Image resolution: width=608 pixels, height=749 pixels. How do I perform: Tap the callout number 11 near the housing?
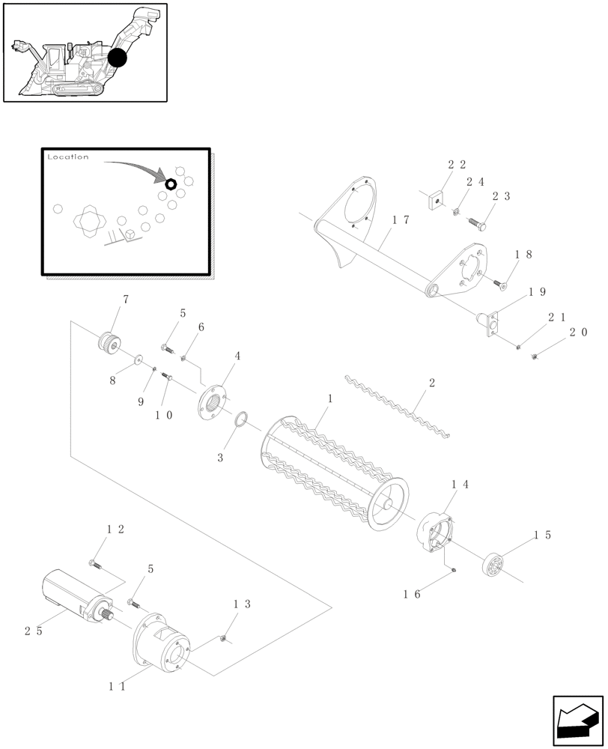point(118,685)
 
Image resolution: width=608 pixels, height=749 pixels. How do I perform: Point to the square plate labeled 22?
point(435,200)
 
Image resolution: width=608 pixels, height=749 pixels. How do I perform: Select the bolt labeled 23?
point(478,221)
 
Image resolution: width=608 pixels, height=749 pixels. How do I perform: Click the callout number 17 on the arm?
point(400,220)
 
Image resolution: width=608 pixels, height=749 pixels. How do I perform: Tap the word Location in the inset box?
point(67,157)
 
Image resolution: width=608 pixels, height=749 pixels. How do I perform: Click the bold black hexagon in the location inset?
point(171,184)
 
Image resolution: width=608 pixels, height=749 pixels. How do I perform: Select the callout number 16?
point(411,594)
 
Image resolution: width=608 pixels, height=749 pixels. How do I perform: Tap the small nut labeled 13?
point(223,638)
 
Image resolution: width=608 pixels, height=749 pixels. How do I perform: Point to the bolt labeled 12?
point(94,563)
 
